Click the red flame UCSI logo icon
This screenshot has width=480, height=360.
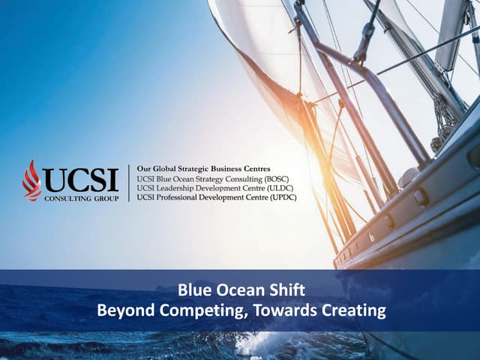31,180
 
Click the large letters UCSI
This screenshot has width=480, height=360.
80,179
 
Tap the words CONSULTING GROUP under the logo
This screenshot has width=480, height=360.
80,198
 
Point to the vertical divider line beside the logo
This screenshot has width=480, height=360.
129,182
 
